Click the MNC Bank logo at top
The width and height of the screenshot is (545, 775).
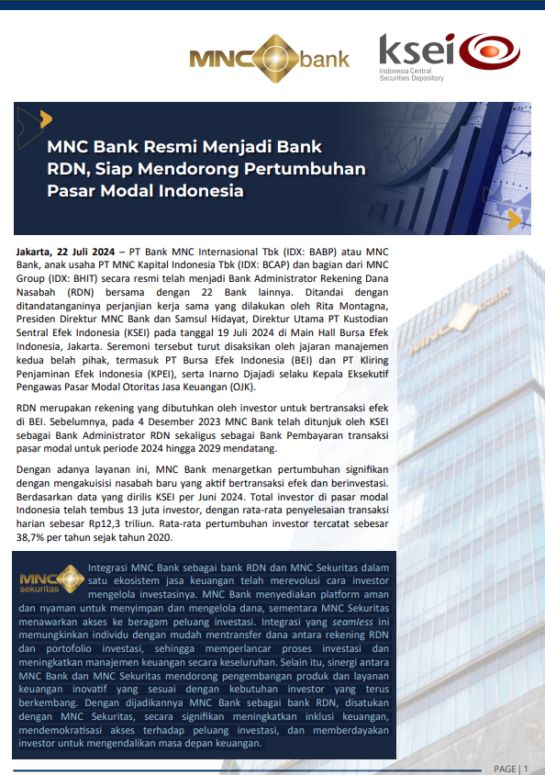[x=269, y=60]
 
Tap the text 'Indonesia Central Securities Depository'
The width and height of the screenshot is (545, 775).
[x=411, y=74]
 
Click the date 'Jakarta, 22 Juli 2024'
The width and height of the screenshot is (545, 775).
[x=65, y=252]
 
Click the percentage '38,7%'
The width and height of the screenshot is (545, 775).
[x=34, y=538]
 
